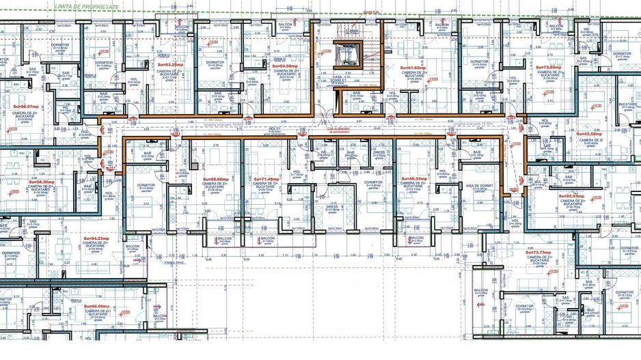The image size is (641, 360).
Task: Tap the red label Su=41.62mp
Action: [x=411, y=68]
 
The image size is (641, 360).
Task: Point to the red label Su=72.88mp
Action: [x=547, y=68]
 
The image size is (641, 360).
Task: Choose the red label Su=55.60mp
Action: [x=216, y=179]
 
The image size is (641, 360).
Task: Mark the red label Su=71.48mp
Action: [x=267, y=179]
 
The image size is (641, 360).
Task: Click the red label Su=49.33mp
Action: [x=414, y=179]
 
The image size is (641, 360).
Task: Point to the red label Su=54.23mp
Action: [x=94, y=238]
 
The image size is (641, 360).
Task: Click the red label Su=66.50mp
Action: [x=98, y=307]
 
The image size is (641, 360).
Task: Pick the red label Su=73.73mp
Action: [x=538, y=252]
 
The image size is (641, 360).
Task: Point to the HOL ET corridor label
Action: [x=275, y=128]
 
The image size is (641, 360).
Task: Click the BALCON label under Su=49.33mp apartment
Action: [x=415, y=237]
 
